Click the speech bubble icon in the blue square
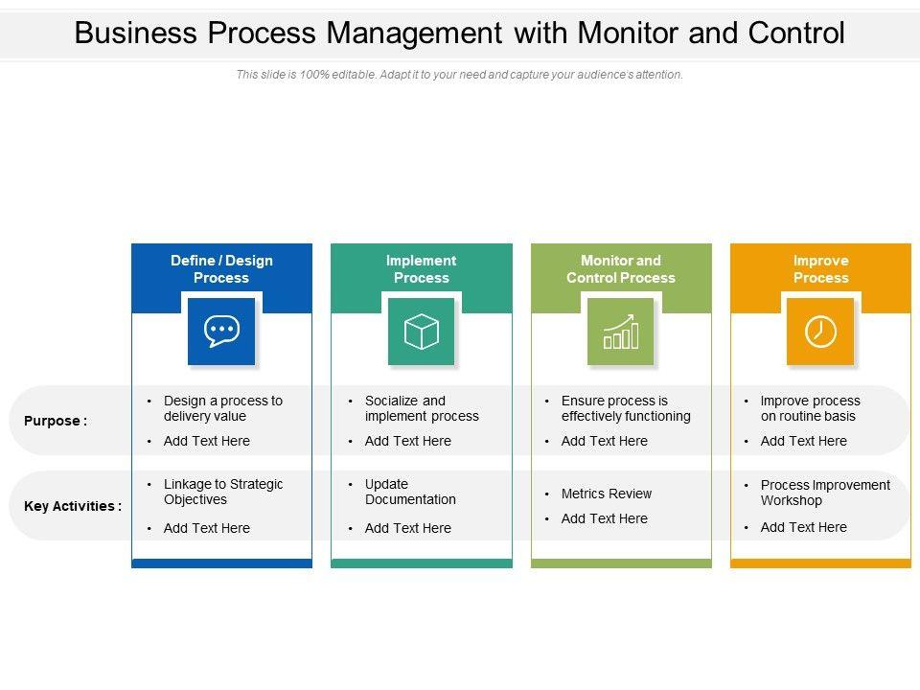[221, 332]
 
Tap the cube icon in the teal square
[422, 332]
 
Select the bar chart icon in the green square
[621, 332]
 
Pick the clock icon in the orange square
[820, 332]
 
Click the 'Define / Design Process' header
[221, 269]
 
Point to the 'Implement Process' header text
[422, 269]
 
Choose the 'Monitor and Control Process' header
[621, 269]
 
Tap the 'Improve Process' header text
[820, 269]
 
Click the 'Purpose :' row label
[56, 421]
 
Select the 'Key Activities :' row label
[73, 506]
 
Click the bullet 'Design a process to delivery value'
[222, 408]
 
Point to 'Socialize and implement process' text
[422, 408]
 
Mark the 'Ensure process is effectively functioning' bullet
[626, 408]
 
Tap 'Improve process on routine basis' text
[810, 408]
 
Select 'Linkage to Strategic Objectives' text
[223, 492]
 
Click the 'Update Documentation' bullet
[410, 492]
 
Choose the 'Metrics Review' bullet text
[606, 494]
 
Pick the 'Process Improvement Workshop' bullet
[824, 493]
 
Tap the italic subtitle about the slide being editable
[460, 75]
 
